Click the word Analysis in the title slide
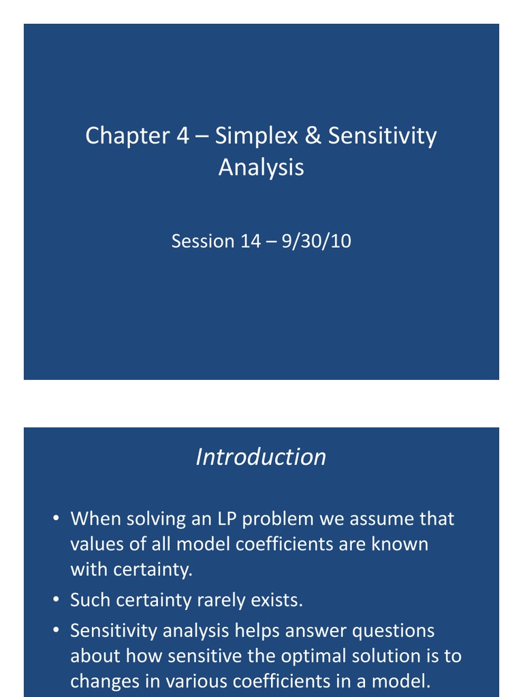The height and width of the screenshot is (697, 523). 261,167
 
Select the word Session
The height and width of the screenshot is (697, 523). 202,241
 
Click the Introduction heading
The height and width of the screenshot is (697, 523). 261,457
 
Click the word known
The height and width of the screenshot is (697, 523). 402,544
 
